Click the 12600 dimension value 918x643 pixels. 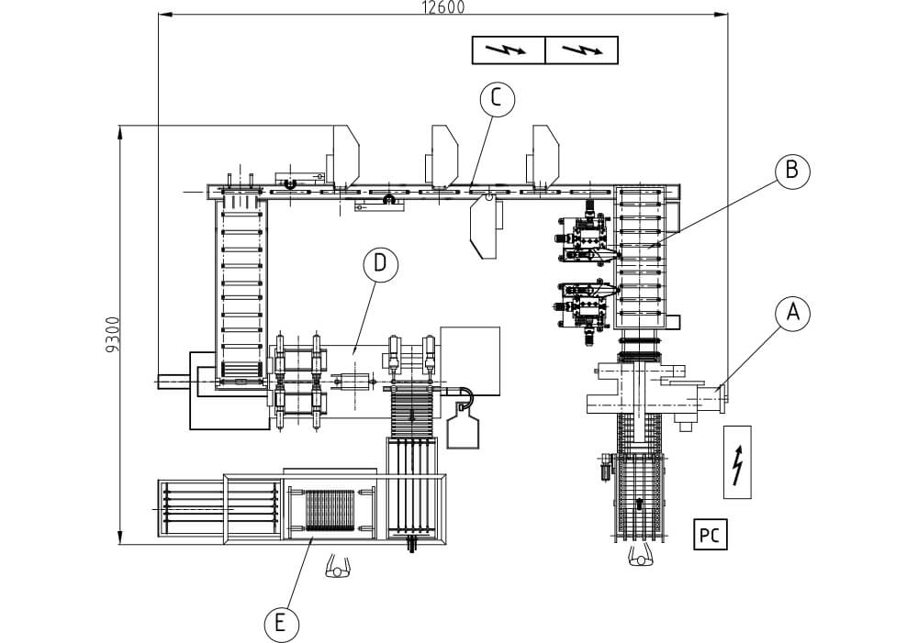point(443,7)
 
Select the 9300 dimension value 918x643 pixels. point(112,335)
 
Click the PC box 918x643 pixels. point(711,534)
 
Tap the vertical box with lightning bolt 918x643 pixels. point(737,462)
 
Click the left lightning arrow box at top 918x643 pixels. point(509,50)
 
